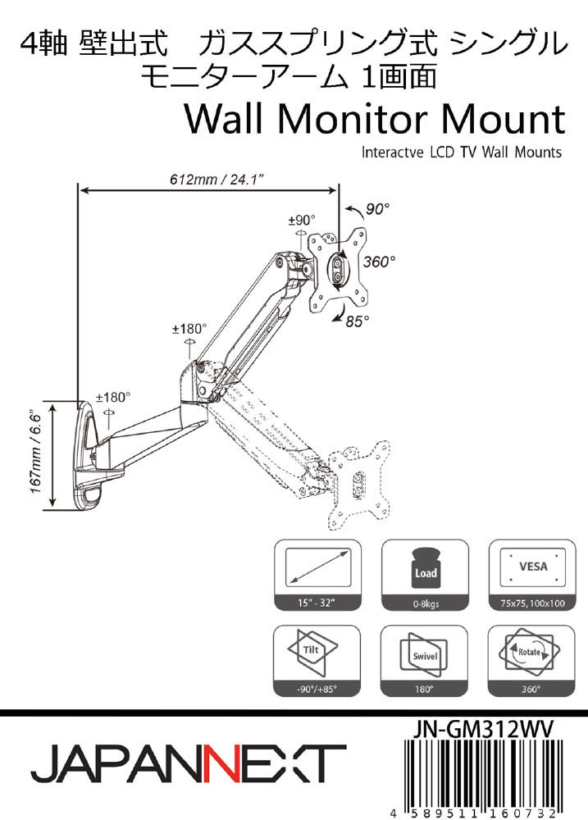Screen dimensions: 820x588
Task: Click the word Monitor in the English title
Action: coord(357,121)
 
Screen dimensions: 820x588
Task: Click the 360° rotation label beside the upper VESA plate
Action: coord(379,262)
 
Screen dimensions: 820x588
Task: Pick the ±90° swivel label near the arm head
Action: coord(302,220)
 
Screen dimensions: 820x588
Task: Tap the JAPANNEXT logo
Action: coord(189,764)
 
